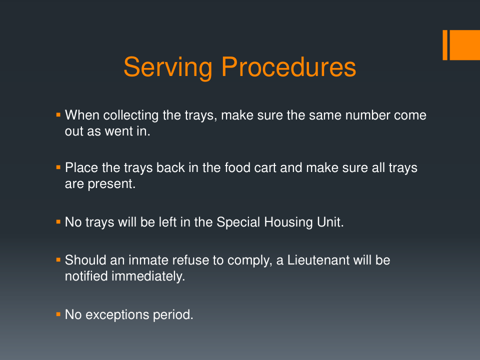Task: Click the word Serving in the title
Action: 168,68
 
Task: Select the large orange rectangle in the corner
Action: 464,45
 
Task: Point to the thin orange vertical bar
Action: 445,45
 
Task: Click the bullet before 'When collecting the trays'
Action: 58,115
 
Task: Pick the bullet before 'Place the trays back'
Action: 58,167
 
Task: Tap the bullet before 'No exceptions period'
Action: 58,314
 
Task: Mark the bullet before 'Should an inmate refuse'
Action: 58,260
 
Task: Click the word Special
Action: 238,222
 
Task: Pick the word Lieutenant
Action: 318,260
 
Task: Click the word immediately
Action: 148,276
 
